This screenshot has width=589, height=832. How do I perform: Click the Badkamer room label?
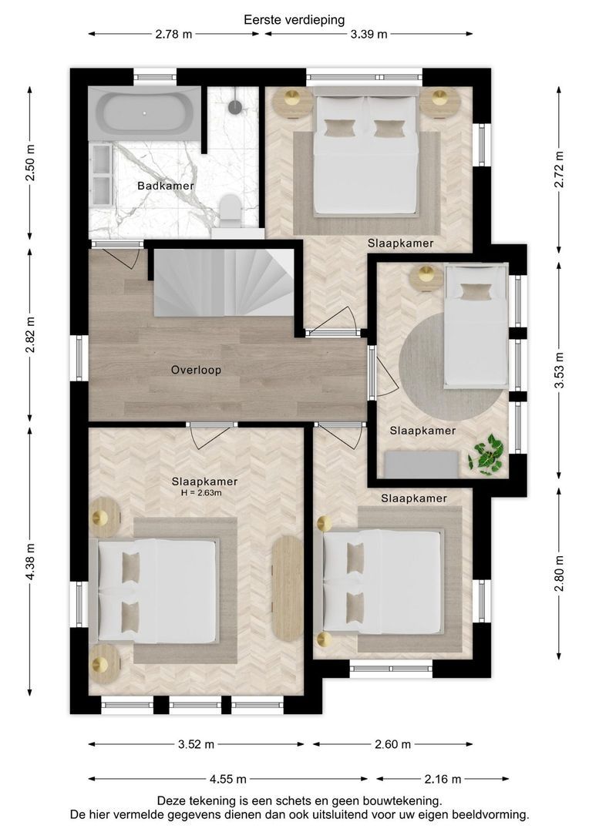click(165, 186)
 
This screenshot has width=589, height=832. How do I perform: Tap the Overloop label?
click(196, 370)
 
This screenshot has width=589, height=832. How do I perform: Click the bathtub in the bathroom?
click(144, 113)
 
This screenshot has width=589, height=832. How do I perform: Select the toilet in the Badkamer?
click(231, 210)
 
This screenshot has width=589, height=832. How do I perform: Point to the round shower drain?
click(235, 106)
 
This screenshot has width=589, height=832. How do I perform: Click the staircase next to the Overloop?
click(224, 282)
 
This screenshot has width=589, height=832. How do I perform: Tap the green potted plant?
click(486, 455)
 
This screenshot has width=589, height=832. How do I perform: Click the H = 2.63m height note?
click(201, 493)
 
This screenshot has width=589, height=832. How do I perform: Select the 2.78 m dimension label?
click(173, 35)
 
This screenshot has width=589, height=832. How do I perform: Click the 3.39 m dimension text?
click(369, 35)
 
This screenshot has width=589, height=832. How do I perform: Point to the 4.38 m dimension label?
click(30, 562)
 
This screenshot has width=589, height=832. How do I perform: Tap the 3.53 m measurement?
click(559, 371)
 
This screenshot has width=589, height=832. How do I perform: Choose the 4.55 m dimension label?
click(228, 779)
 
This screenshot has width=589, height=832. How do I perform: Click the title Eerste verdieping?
click(294, 20)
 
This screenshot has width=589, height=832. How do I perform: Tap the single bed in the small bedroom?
click(476, 327)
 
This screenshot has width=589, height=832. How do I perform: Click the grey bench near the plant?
click(421, 465)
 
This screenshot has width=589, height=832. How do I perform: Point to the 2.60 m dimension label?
click(393, 744)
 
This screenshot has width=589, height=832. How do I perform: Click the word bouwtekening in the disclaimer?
click(404, 800)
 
